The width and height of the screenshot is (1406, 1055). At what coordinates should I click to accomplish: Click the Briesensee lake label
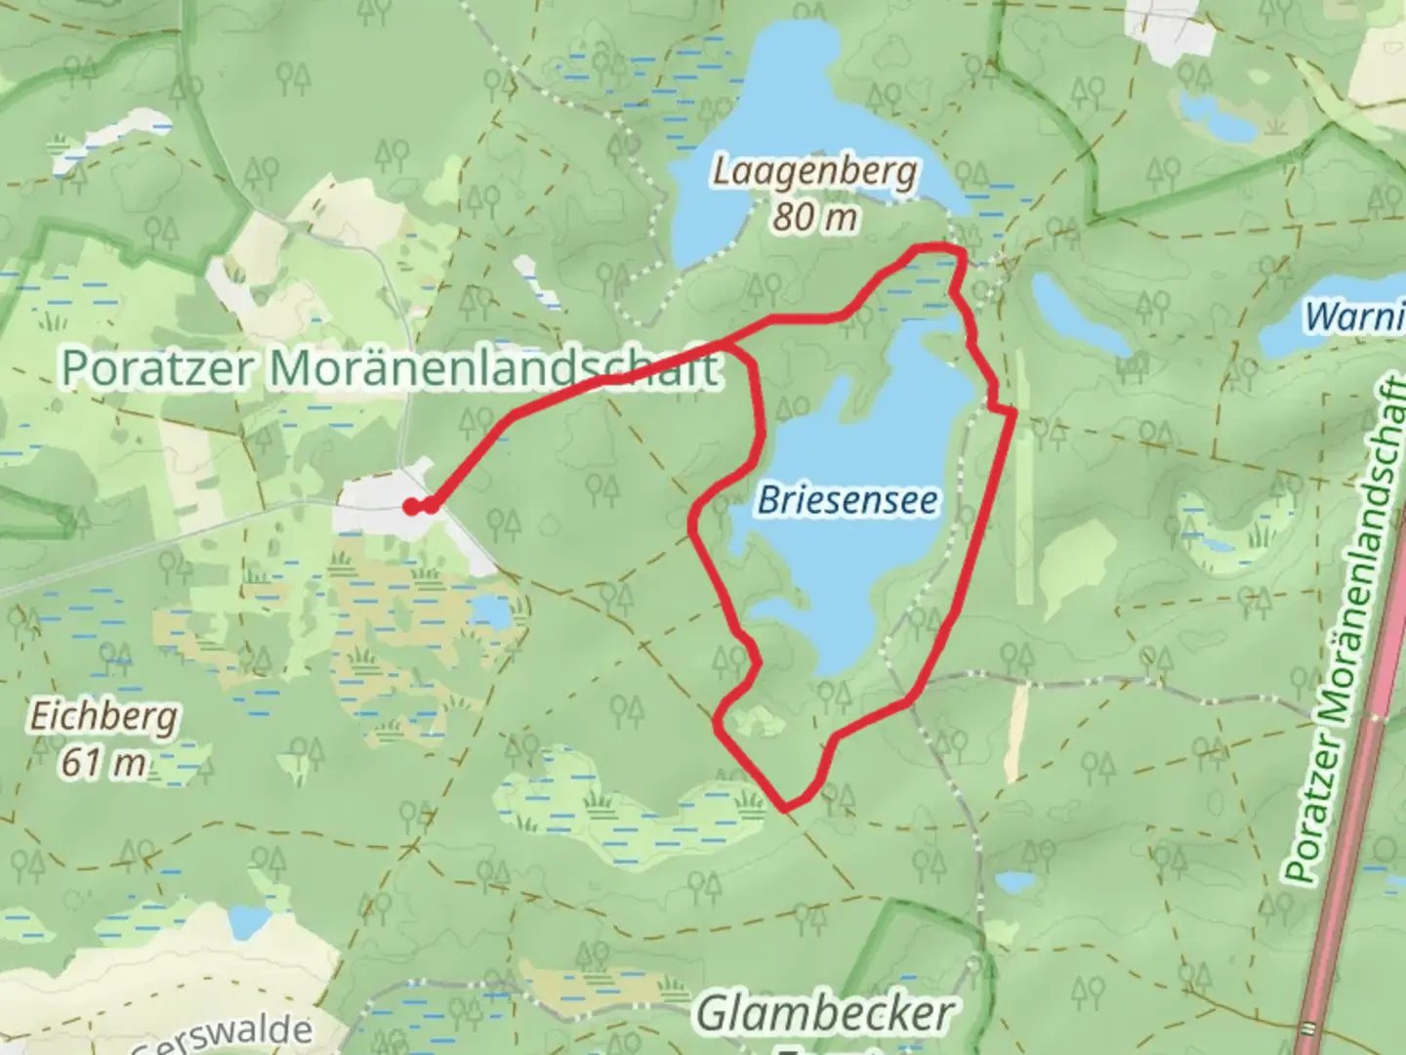848,500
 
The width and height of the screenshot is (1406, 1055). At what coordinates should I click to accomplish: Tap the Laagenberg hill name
815,172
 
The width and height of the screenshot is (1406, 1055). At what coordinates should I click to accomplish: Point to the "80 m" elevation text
815,217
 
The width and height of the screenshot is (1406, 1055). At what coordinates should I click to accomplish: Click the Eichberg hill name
103,716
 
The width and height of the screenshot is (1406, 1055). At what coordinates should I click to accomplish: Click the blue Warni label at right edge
1355,316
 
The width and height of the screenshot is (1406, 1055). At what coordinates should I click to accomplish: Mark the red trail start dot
413,505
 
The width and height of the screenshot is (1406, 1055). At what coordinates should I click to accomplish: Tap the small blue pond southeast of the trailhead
491,612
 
